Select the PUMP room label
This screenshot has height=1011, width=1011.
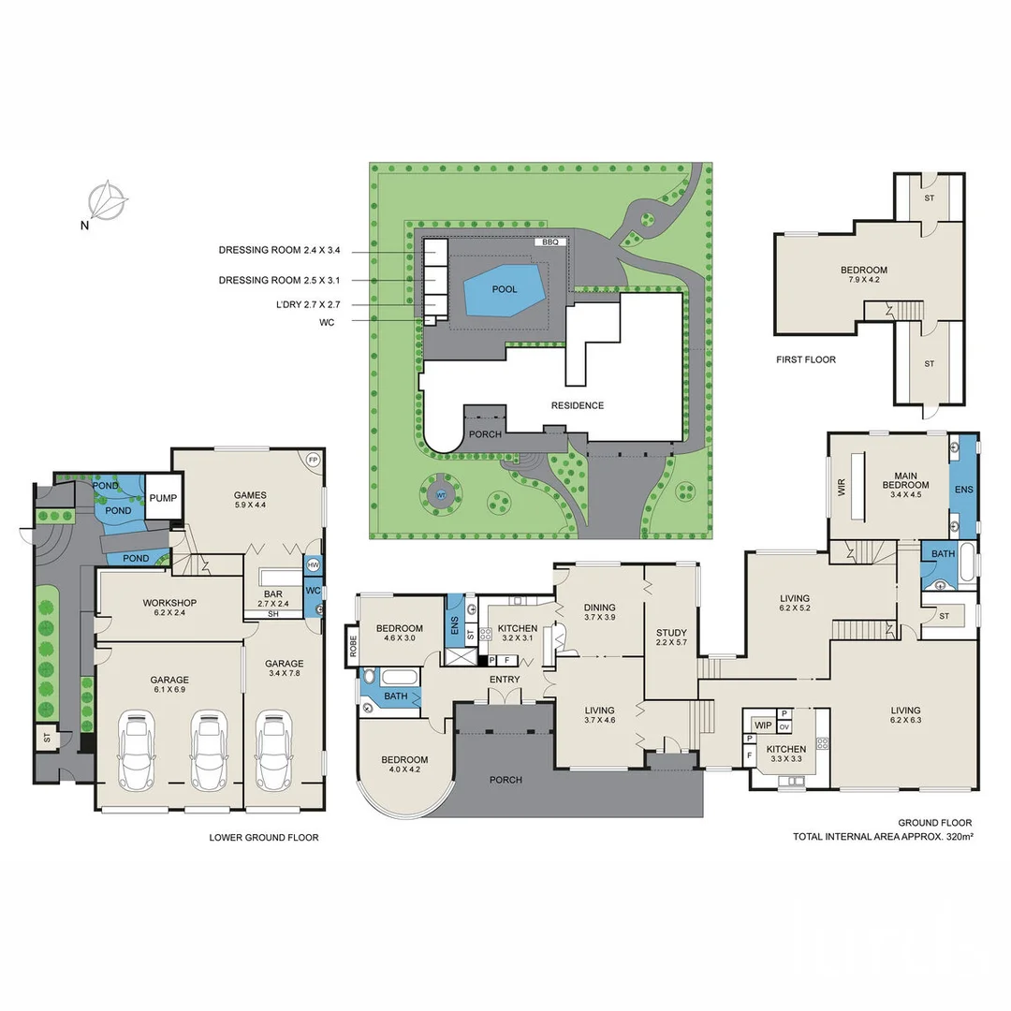(163, 497)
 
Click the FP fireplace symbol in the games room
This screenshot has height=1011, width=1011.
(313, 461)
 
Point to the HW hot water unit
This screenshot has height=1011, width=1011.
(313, 565)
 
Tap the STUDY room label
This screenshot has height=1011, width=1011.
(671, 634)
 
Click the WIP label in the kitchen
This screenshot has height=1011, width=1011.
(763, 725)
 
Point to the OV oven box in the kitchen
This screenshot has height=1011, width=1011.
(784, 726)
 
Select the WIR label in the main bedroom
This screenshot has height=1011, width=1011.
(842, 487)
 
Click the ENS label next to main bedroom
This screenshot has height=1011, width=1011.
(963, 490)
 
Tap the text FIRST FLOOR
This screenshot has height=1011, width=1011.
(806, 359)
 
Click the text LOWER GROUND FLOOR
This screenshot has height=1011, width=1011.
(264, 838)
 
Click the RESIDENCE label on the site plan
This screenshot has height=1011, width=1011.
(578, 405)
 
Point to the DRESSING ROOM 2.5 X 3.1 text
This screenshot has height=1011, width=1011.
(279, 280)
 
